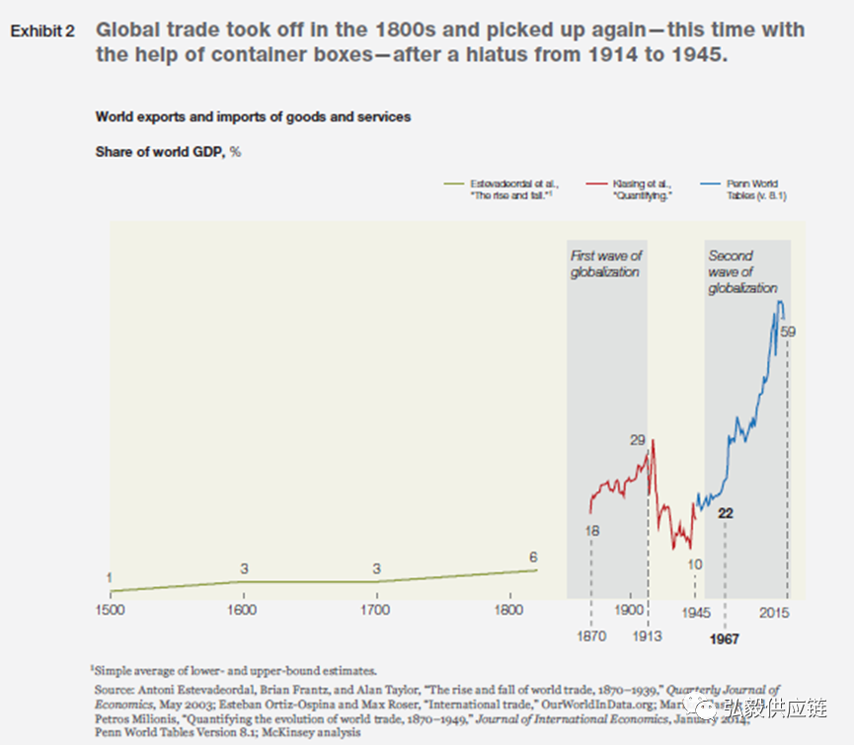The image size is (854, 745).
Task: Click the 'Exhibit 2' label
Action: [42, 32]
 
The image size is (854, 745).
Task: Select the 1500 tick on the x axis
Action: [110, 610]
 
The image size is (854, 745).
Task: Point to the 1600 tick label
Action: [243, 610]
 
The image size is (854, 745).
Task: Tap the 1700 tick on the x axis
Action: [376, 610]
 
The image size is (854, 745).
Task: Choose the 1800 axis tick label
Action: [509, 610]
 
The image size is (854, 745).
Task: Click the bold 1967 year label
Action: [725, 637]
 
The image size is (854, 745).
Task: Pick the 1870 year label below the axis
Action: [589, 636]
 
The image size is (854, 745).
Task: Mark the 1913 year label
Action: [648, 636]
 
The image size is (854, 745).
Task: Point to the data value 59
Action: [787, 332]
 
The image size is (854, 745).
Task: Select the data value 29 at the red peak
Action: [638, 439]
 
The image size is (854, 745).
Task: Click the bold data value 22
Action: [726, 513]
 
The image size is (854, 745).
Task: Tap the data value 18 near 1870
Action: [591, 530]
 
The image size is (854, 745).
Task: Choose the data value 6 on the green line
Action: [533, 557]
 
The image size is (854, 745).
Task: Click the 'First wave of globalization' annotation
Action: [605, 263]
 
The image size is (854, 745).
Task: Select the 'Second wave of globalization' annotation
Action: [742, 271]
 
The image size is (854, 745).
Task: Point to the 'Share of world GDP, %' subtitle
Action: [168, 152]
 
